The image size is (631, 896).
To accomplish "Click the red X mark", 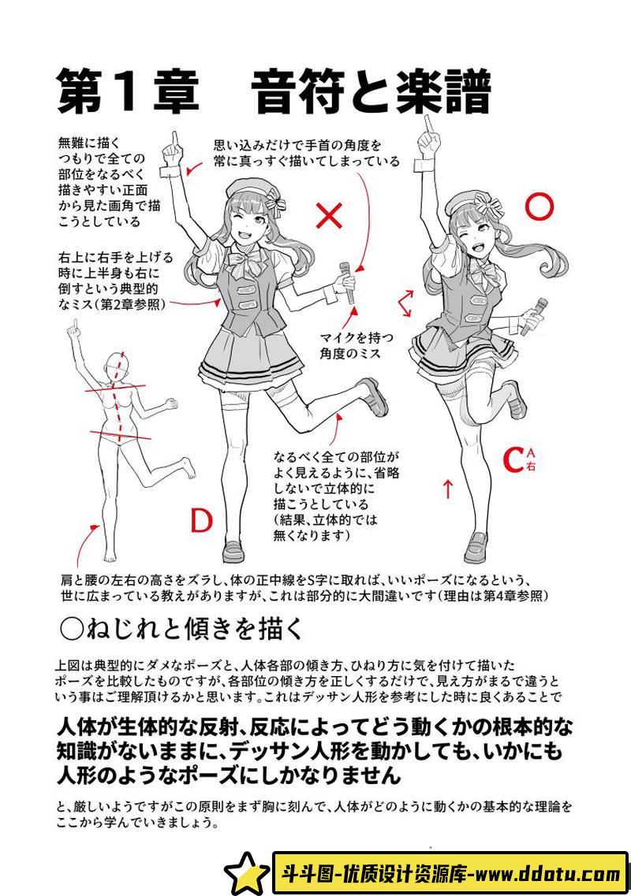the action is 330,216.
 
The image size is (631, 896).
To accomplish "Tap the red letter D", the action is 201,520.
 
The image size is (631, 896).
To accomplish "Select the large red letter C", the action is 513,459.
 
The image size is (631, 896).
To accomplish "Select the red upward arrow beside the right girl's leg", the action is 448,489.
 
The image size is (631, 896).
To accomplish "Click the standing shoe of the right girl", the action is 476,548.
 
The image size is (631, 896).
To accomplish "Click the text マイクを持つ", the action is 357,338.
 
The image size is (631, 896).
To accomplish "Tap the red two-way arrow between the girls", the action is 405,303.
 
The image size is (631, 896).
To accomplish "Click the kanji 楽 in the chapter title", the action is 409,91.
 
